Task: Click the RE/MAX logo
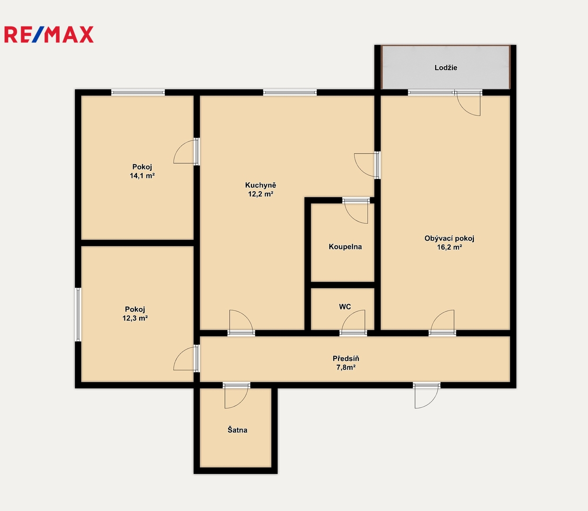49,35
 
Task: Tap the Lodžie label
446,68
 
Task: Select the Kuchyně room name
260,185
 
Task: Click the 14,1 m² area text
142,176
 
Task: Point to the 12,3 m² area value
135,318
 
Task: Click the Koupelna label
345,247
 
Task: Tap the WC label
345,307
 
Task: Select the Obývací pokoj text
449,238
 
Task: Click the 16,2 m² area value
449,247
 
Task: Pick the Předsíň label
346,359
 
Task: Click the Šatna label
237,430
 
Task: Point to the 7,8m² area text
346,367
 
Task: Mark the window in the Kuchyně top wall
290,92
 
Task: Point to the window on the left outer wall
78,315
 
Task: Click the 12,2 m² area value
260,194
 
